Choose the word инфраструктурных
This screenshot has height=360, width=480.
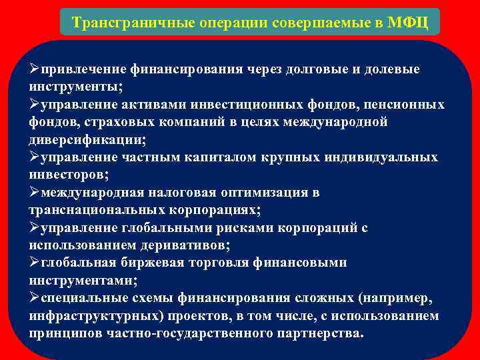[x=88, y=315]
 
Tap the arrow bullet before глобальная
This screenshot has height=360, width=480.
[x=35, y=262]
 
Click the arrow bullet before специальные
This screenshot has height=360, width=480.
[x=35, y=297]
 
